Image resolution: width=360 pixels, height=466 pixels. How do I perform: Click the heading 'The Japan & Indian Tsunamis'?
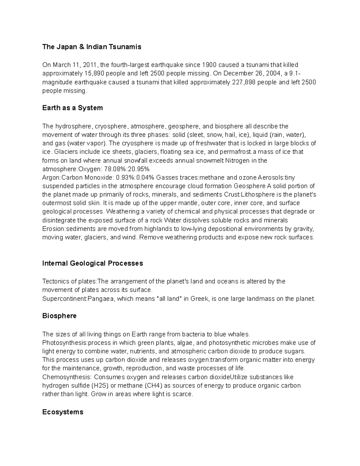click(x=91, y=47)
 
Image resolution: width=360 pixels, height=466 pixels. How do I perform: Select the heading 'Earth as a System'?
click(x=72, y=108)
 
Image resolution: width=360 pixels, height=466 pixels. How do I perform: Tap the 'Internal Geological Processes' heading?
click(x=92, y=263)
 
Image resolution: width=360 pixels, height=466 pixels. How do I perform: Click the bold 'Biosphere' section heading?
click(x=59, y=316)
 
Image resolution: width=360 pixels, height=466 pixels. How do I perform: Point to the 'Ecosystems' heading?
click(x=63, y=412)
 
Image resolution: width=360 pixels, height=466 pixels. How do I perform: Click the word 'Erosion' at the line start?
click(x=53, y=229)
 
